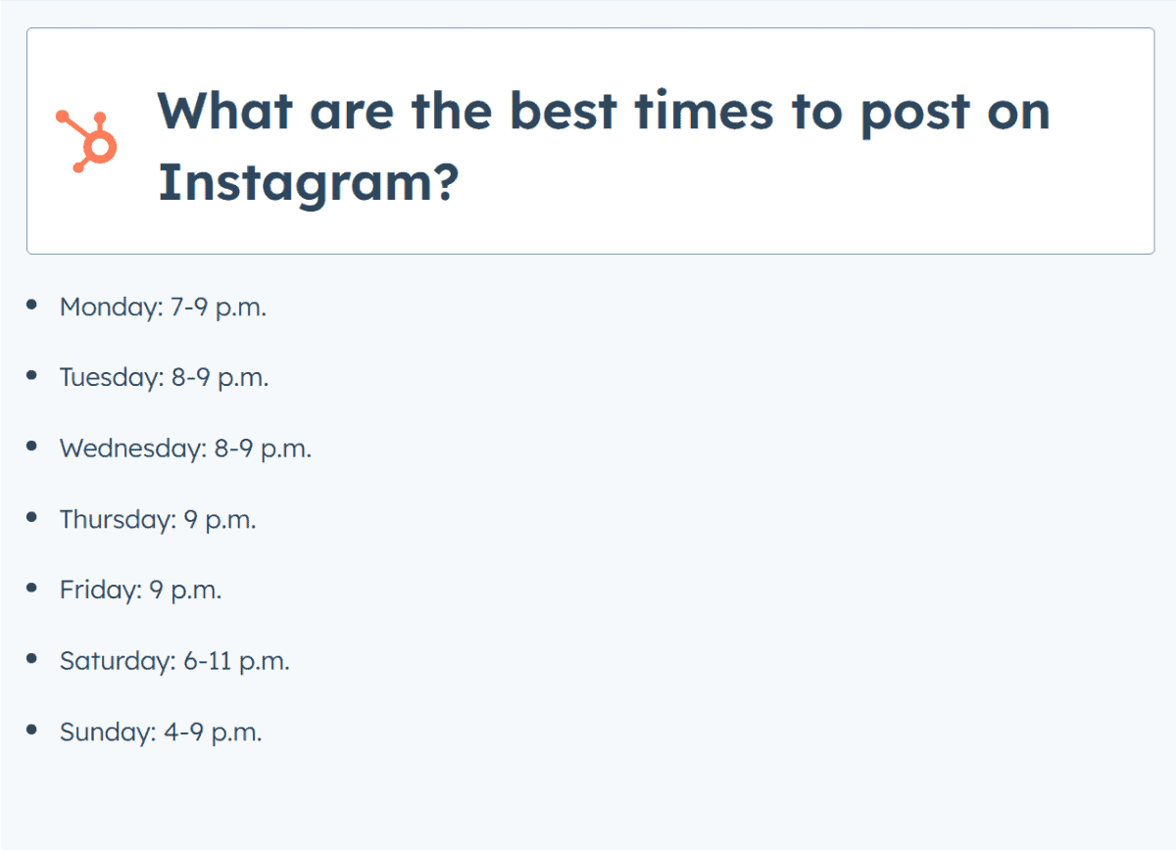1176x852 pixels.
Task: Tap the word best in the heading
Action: pyautogui.click(x=563, y=112)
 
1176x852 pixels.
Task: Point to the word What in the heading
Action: pyautogui.click(x=225, y=112)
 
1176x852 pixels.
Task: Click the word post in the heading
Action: pyautogui.click(x=915, y=116)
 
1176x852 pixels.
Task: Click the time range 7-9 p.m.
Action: pyautogui.click(x=219, y=308)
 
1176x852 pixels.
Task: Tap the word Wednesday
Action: pyautogui.click(x=133, y=449)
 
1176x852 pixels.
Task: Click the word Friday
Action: pyautogui.click(x=101, y=591)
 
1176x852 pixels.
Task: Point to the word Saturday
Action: pyautogui.click(x=118, y=661)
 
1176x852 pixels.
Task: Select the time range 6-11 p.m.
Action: pyautogui.click(x=236, y=662)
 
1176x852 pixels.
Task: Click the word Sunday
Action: pyautogui.click(x=108, y=733)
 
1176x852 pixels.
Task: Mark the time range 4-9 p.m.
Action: pyautogui.click(x=214, y=733)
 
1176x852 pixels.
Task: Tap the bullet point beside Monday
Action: pyautogui.click(x=32, y=305)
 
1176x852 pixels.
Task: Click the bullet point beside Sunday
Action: pyautogui.click(x=32, y=730)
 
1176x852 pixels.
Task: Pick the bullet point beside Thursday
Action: pyautogui.click(x=32, y=517)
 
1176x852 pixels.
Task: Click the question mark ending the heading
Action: pyautogui.click(x=447, y=180)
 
